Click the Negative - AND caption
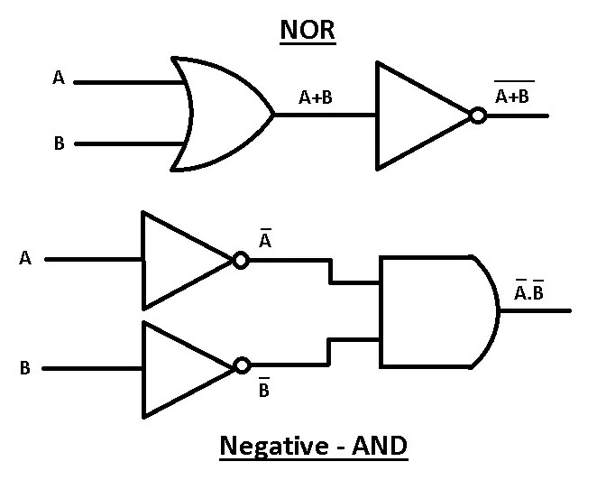point(311,446)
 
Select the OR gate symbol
point(221,115)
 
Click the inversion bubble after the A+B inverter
point(479,115)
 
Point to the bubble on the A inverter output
point(240,260)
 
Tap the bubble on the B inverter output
point(240,366)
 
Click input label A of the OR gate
point(59,78)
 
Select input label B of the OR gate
point(59,143)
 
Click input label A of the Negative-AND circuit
point(25,258)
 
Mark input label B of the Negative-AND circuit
point(25,368)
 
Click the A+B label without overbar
point(316,98)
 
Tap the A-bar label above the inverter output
point(265,242)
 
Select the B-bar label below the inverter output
point(264,391)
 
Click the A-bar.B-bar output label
point(529,291)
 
